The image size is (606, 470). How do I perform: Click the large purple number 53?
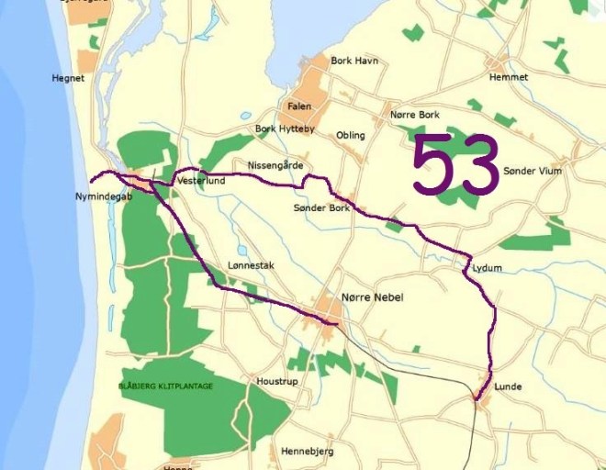pos(455,165)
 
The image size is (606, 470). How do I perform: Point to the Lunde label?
pos(508,386)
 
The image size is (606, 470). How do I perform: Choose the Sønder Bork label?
pos(321,208)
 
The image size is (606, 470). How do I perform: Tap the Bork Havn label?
pos(354,62)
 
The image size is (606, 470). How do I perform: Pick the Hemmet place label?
pos(510,77)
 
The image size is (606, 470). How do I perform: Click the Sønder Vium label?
pos(533,171)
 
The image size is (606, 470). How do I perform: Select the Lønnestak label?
pos(251,265)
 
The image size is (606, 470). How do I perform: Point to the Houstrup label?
pos(277,380)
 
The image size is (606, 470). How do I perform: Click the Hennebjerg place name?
pos(307,451)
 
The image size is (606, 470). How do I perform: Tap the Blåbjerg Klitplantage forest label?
pos(165,386)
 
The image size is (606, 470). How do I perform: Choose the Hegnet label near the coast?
pos(69,78)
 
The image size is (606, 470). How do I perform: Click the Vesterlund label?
pos(202,181)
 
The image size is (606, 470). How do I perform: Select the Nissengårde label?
pos(275,165)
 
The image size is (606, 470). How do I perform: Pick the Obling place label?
pos(351,135)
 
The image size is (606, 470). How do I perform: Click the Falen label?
pos(299,106)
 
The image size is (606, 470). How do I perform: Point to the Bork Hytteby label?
pos(285,129)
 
